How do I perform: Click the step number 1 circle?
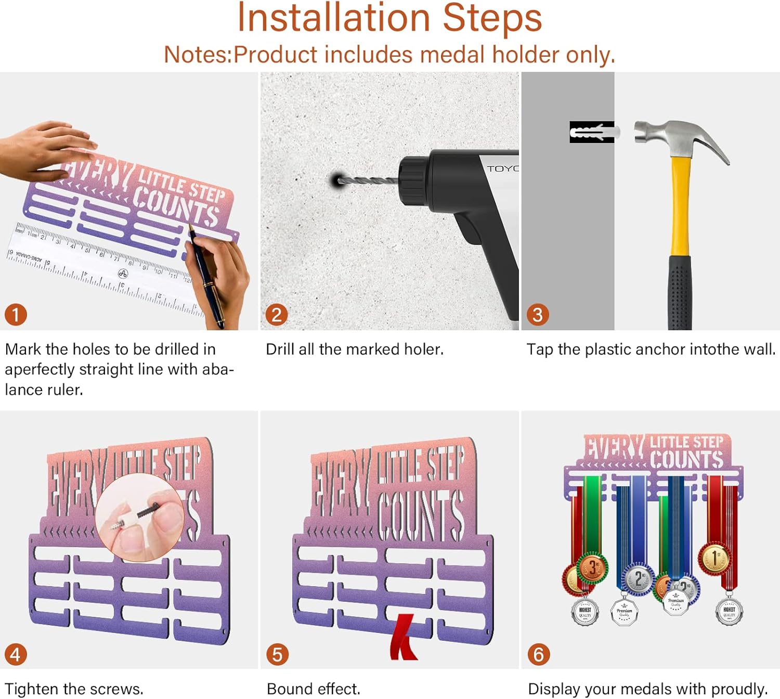click(x=16, y=315)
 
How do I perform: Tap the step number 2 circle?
click(x=277, y=315)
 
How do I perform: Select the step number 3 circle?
click(x=538, y=315)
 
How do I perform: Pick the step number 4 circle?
click(x=16, y=654)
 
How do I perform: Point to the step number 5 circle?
click(x=277, y=654)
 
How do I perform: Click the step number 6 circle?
click(x=539, y=654)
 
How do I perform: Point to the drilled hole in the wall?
click(x=336, y=180)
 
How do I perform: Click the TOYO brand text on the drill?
click(x=502, y=169)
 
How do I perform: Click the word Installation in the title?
click(x=333, y=18)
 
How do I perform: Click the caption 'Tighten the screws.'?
click(x=74, y=689)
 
